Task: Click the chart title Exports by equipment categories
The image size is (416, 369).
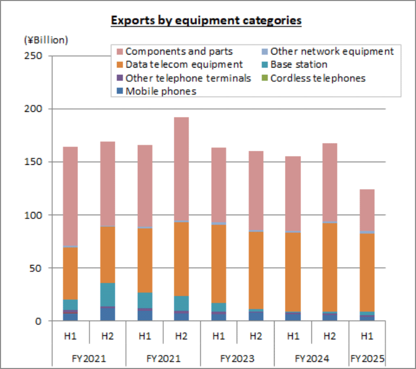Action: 206,21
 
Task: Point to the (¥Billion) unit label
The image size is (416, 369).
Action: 46,39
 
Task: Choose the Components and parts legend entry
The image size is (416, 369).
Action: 179,51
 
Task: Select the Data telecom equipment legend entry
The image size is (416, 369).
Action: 184,64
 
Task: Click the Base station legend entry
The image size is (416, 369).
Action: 299,64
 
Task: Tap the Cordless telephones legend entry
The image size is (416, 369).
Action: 318,78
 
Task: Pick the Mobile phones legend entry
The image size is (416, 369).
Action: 161,91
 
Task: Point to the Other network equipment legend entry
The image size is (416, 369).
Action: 332,51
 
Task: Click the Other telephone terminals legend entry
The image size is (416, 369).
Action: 188,78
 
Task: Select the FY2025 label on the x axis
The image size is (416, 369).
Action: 368,359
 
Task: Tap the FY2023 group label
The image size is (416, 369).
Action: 237,359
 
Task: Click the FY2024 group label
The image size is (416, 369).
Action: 311,359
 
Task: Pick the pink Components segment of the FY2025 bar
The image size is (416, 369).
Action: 367,210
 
